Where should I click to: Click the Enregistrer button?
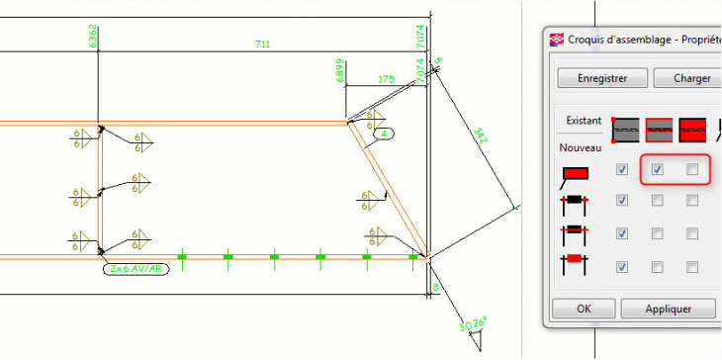603,78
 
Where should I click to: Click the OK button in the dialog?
584,308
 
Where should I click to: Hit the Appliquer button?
668,308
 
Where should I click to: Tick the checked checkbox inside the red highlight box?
657,170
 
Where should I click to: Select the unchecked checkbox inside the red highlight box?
692,170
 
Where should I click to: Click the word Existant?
584,121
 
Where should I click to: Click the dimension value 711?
262,44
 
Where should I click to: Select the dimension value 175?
385,79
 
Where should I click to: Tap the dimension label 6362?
93,36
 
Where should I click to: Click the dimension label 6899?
339,71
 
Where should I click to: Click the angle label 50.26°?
475,323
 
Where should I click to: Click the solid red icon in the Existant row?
696,129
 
